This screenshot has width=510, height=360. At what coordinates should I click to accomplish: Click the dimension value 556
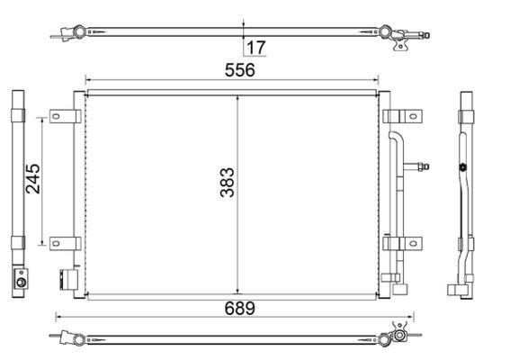coord(240,69)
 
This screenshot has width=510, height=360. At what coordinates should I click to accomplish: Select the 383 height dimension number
coord(228,184)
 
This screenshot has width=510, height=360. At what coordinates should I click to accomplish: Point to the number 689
coord(240,308)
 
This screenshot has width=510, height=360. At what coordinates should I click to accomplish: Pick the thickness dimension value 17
coord(256,47)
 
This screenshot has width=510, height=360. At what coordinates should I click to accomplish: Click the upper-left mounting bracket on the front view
coord(65,116)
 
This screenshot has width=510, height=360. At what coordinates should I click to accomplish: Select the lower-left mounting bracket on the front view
coord(65,242)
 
